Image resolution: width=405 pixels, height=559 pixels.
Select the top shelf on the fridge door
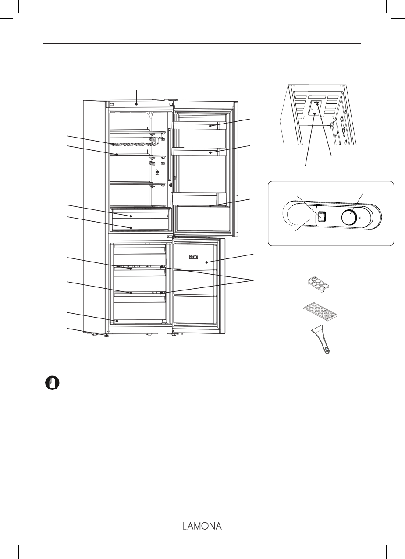202,126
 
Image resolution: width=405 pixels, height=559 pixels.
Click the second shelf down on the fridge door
202,152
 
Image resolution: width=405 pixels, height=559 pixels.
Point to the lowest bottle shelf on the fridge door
202,205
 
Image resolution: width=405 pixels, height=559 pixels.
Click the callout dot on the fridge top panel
137,105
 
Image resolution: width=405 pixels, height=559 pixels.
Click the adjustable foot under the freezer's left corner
106,335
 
